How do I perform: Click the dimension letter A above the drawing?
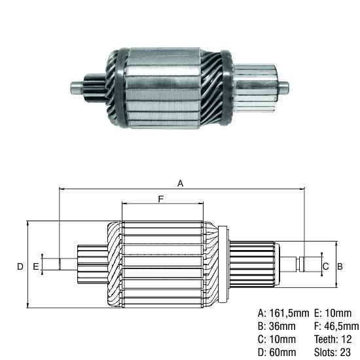pos(181,184)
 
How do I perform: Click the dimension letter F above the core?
pos(160,198)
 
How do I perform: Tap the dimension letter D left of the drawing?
pos(20,266)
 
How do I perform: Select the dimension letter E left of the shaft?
pos(35,266)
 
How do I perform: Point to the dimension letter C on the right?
pos(325,266)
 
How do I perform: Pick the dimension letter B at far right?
pos(340,266)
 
